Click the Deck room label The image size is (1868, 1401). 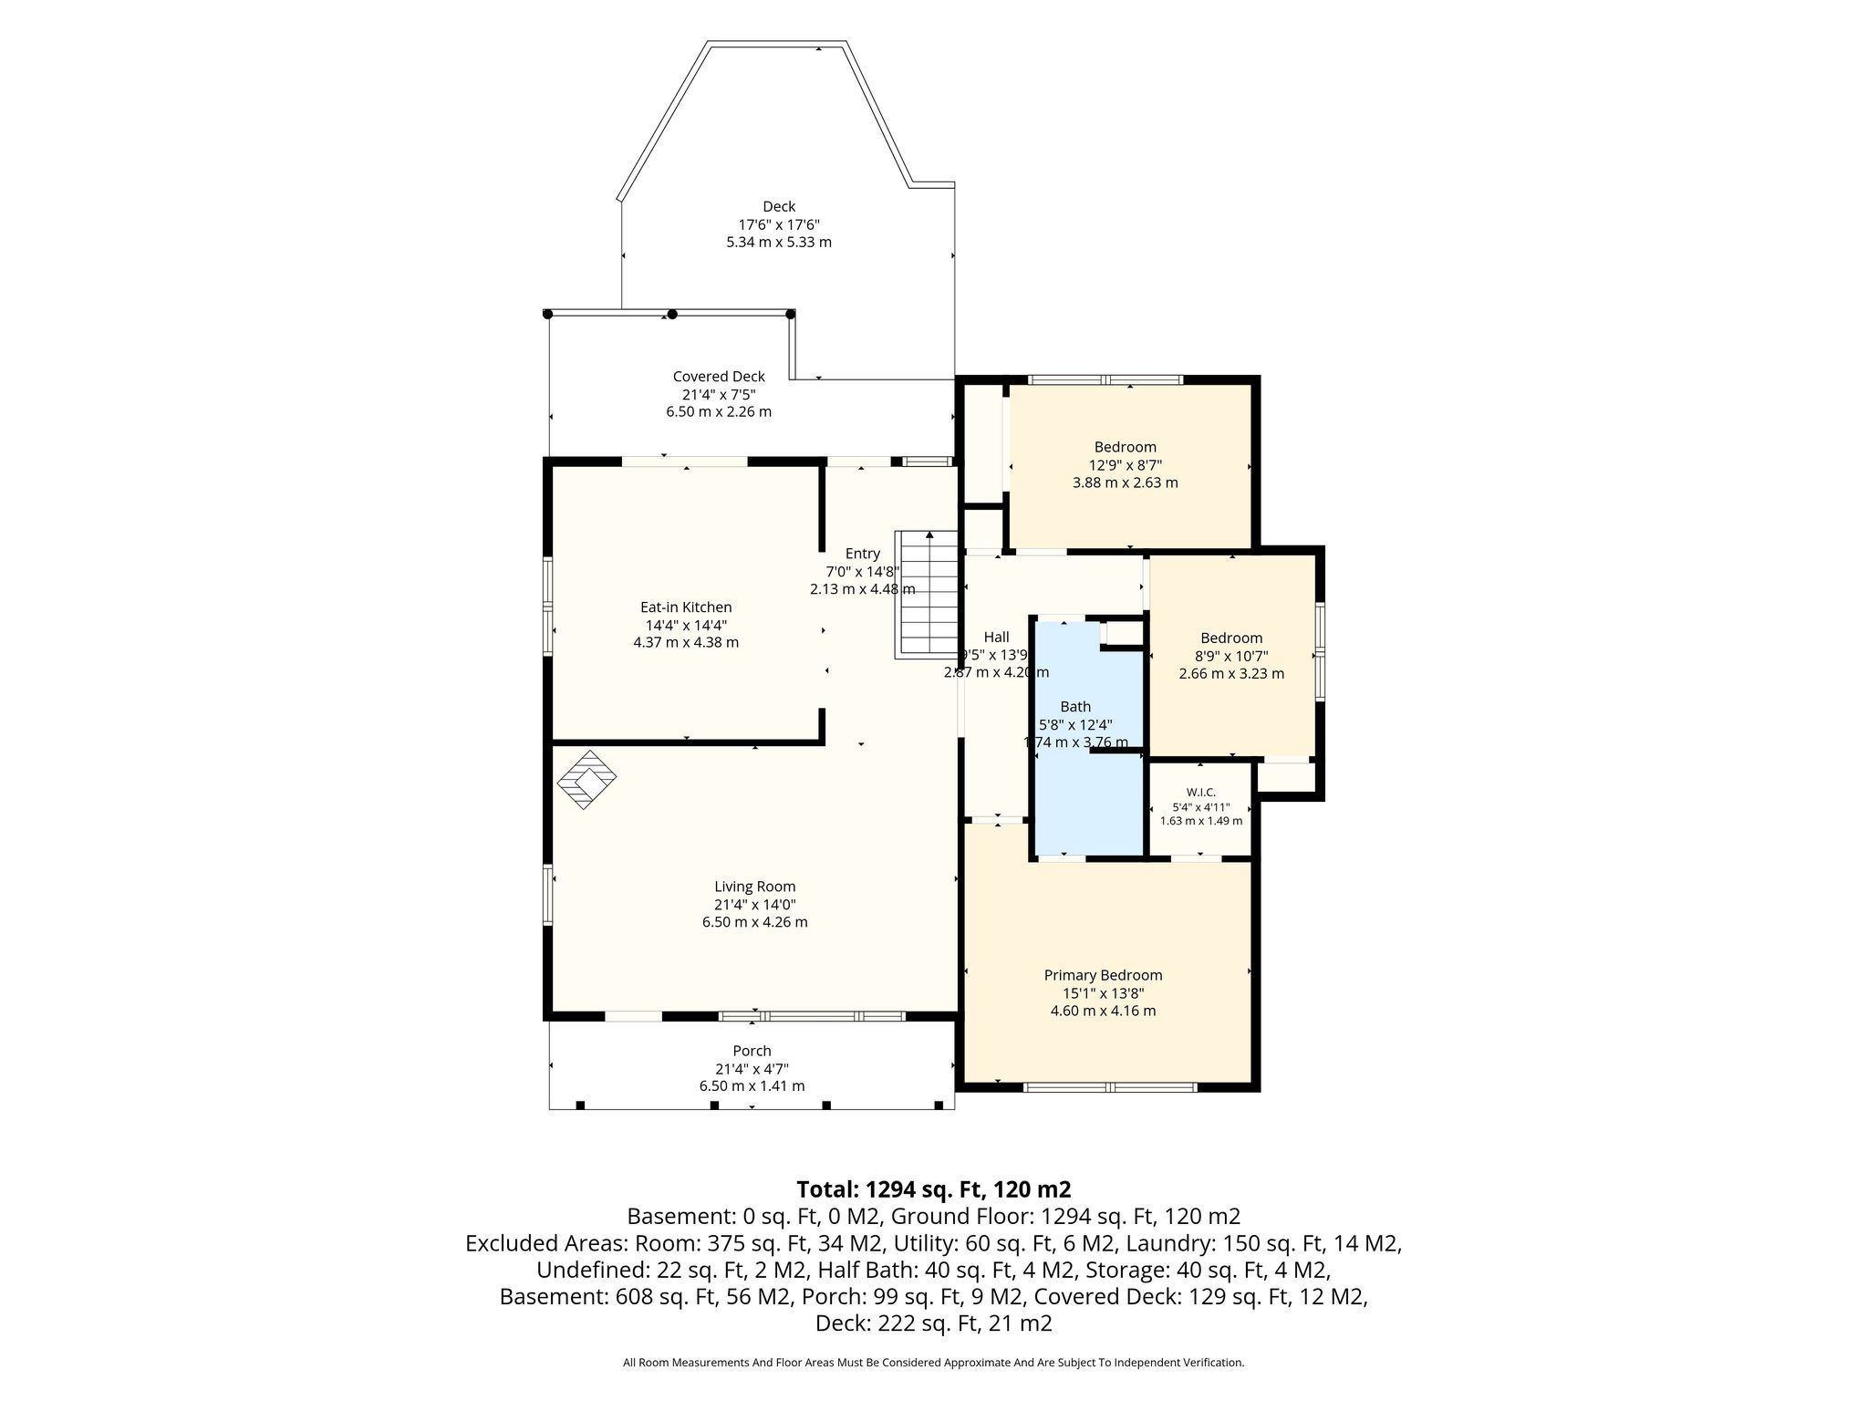pyautogui.click(x=779, y=207)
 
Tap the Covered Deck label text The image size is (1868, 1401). pyautogui.click(x=719, y=377)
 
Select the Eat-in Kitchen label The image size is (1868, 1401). pyautogui.click(x=686, y=607)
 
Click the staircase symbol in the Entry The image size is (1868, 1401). pyautogui.click(x=926, y=594)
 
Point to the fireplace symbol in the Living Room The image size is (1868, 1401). pyautogui.click(x=586, y=780)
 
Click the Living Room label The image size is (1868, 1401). pyautogui.click(x=754, y=887)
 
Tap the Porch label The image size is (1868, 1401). pyautogui.click(x=752, y=1051)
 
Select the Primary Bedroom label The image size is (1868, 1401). pyautogui.click(x=1103, y=976)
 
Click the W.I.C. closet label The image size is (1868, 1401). pyautogui.click(x=1200, y=793)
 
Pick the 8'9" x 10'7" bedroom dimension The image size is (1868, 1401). pyautogui.click(x=1231, y=656)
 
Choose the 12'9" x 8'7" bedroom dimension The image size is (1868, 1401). pyautogui.click(x=1125, y=464)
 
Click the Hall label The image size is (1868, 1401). pyautogui.click(x=996, y=638)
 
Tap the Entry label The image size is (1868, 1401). pyautogui.click(x=862, y=554)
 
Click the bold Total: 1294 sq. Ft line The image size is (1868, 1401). pyautogui.click(x=933, y=1189)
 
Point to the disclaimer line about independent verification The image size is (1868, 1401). pyautogui.click(x=933, y=1363)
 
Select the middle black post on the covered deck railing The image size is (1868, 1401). pyautogui.click(x=672, y=314)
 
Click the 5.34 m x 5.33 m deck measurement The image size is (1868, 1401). pyautogui.click(x=779, y=243)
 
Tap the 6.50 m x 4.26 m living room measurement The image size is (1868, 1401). pyautogui.click(x=754, y=922)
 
